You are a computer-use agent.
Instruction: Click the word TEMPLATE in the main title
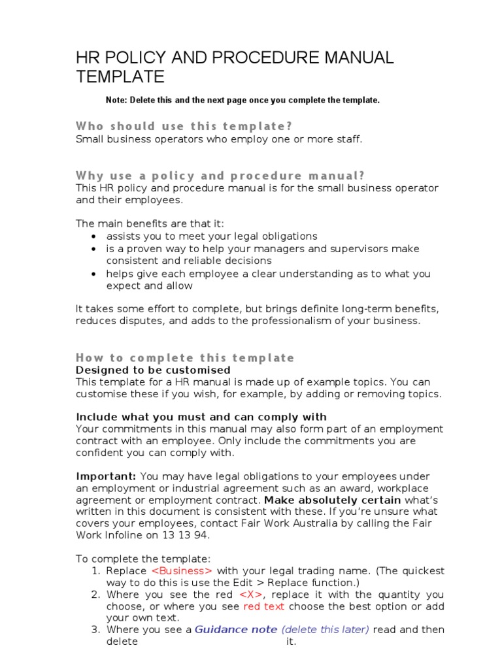[x=120, y=77]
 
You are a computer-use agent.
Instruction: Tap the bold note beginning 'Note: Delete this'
[x=243, y=101]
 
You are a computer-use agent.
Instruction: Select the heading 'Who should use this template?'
[x=184, y=126]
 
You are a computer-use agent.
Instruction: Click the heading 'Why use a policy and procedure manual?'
[x=220, y=176]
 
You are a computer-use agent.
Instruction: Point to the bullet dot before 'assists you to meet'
[x=95, y=237]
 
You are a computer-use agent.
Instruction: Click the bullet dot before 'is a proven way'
[x=95, y=249]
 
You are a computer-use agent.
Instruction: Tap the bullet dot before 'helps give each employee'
[x=95, y=274]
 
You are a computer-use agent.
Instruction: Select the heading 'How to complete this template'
[x=185, y=357]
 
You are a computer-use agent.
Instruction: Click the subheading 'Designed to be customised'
[x=153, y=370]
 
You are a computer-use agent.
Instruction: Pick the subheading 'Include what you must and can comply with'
[x=201, y=417]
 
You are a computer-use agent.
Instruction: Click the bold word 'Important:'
[x=107, y=476]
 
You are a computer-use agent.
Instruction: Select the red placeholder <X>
[x=251, y=595]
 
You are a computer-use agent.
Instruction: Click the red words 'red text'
[x=264, y=606]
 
